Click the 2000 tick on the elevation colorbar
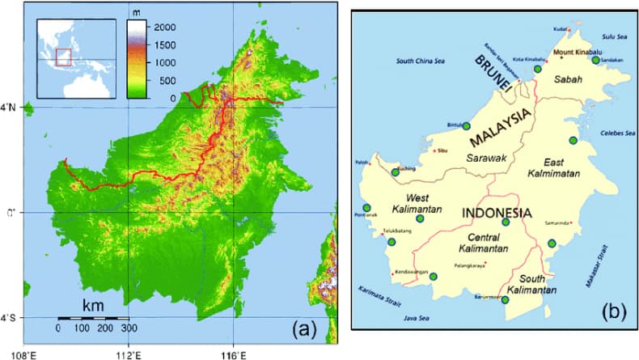pyautogui.click(x=163, y=27)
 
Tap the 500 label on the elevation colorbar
pyautogui.click(x=163, y=80)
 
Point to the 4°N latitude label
pyautogui.click(x=9, y=108)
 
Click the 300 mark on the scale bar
pyautogui.click(x=128, y=328)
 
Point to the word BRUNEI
pyautogui.click(x=494, y=74)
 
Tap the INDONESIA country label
pyautogui.click(x=496, y=212)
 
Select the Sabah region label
pyautogui.click(x=566, y=81)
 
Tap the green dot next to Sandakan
pyautogui.click(x=596, y=59)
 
